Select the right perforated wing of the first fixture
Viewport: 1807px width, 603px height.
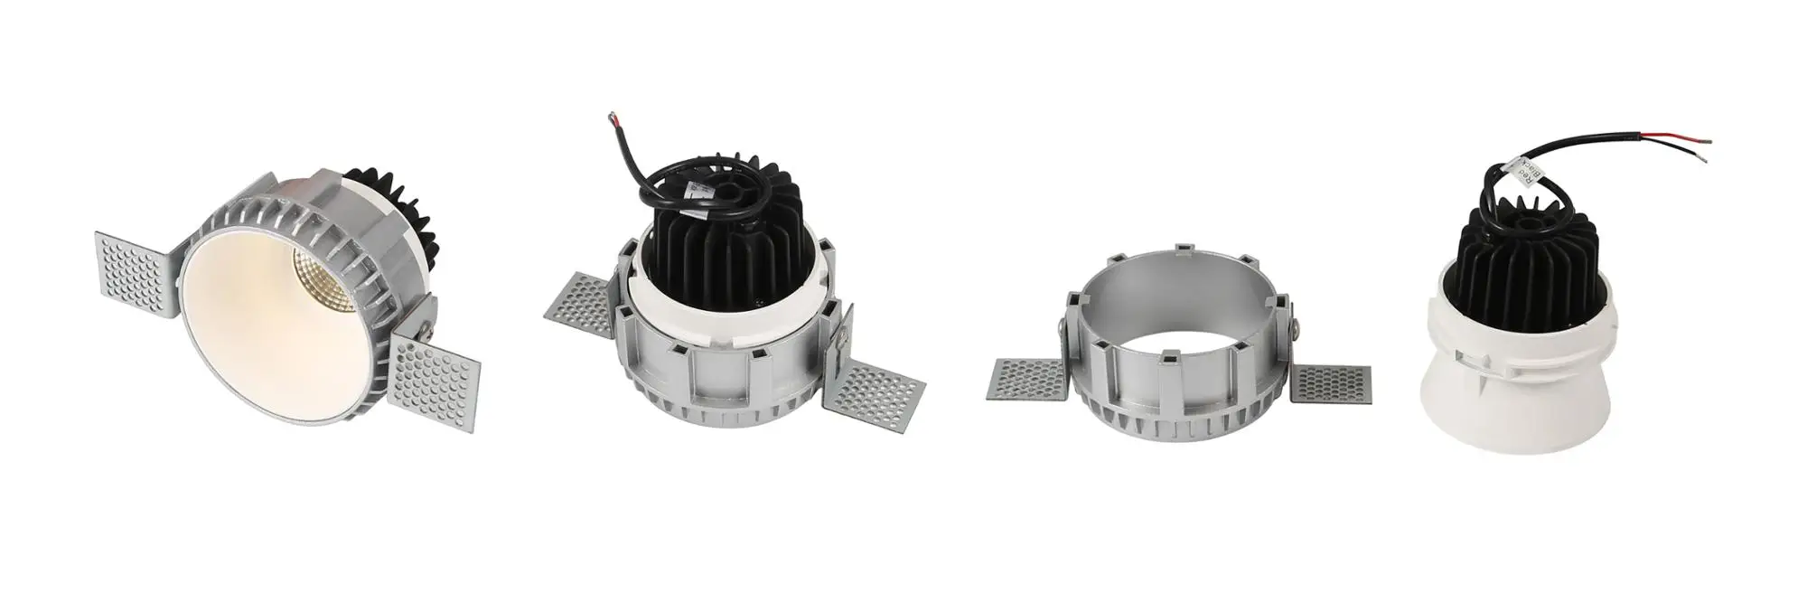coord(435,380)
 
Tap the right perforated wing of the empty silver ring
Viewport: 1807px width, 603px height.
coord(1330,383)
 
